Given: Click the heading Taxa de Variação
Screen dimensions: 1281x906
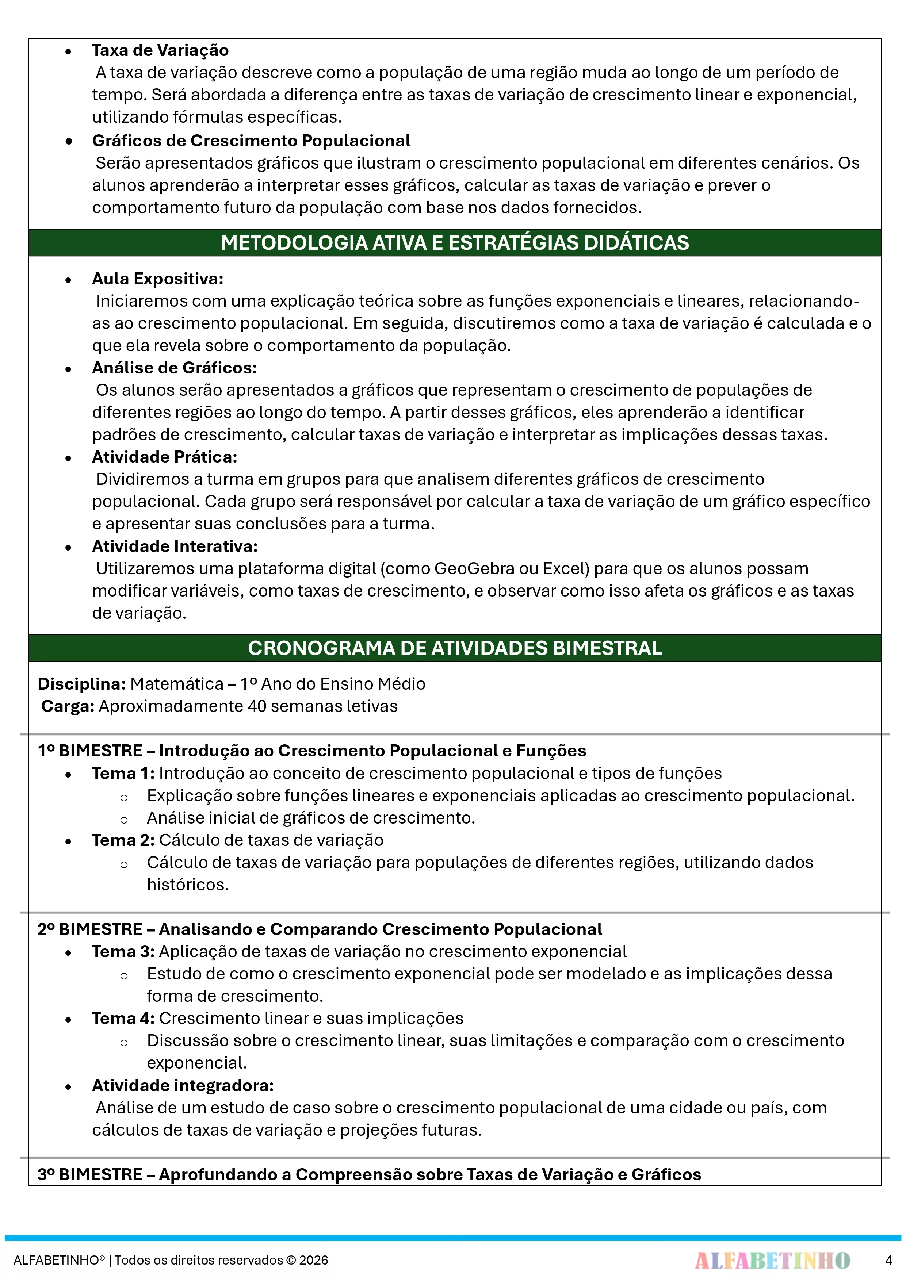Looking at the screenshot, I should point(160,51).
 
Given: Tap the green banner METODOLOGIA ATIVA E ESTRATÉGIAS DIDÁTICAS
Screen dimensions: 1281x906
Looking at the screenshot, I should point(454,243).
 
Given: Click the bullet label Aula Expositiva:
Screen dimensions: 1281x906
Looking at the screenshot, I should point(157,279).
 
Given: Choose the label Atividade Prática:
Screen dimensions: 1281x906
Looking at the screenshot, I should point(165,457).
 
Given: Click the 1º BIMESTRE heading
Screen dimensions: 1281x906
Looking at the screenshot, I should point(311,751).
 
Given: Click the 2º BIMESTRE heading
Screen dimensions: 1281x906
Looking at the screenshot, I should point(319,929).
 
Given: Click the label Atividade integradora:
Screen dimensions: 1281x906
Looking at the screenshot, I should point(183,1085).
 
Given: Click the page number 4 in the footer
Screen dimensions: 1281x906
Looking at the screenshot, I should point(888,1260).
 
